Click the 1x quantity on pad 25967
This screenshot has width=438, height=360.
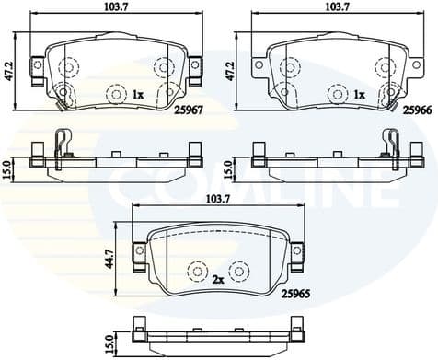click(138, 94)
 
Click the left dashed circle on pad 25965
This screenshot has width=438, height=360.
click(197, 271)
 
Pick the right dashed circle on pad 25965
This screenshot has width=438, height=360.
click(239, 271)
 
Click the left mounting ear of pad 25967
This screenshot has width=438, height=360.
click(38, 65)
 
